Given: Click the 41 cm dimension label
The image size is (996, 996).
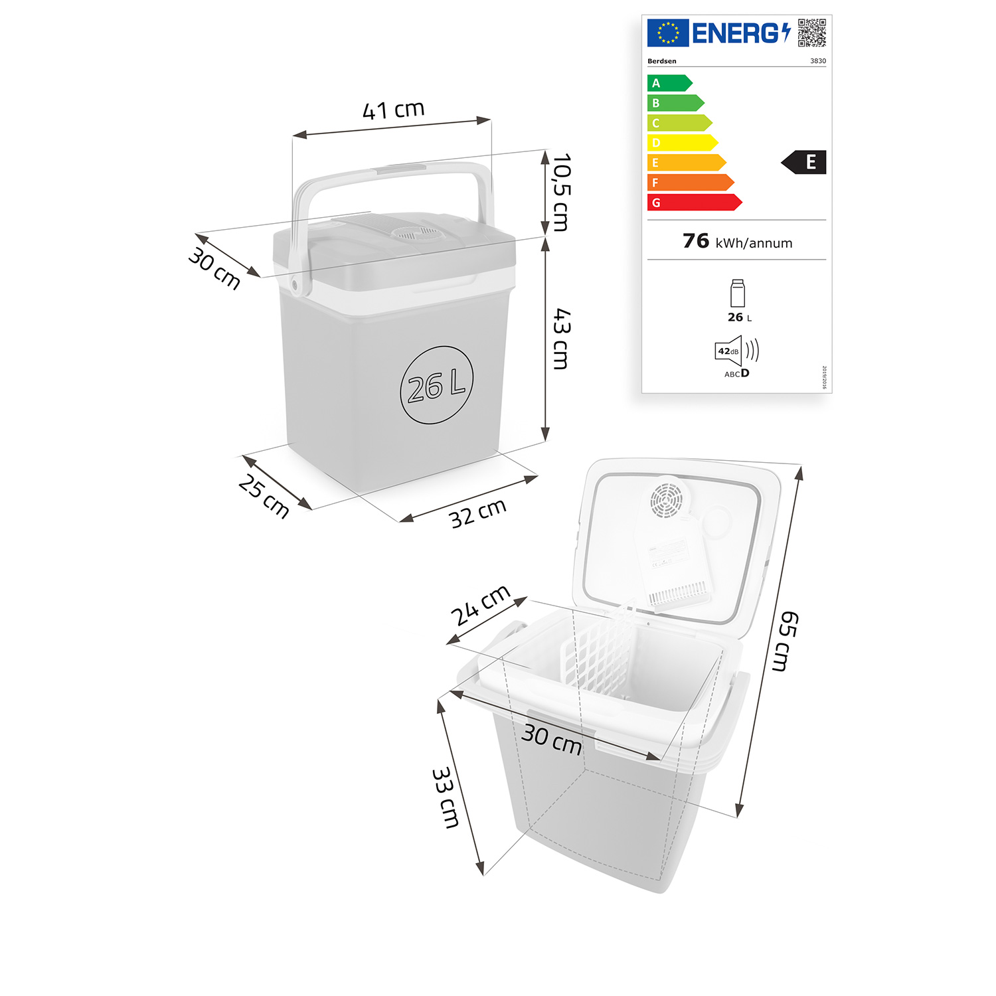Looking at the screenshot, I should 393,110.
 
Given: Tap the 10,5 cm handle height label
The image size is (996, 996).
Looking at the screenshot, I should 561,193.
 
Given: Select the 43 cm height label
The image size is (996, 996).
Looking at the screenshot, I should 561,339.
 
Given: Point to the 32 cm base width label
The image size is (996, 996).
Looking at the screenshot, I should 477,513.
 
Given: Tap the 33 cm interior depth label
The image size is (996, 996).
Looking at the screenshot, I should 446,797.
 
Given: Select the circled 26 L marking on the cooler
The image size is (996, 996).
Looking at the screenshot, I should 436,385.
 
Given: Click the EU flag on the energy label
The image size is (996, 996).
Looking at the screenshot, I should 667,33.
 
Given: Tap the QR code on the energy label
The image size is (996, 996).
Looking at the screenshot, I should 811,33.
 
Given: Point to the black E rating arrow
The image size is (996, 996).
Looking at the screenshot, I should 804,162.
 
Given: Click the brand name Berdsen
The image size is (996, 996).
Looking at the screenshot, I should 661,61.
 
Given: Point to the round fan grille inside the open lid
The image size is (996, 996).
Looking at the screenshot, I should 666,499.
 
